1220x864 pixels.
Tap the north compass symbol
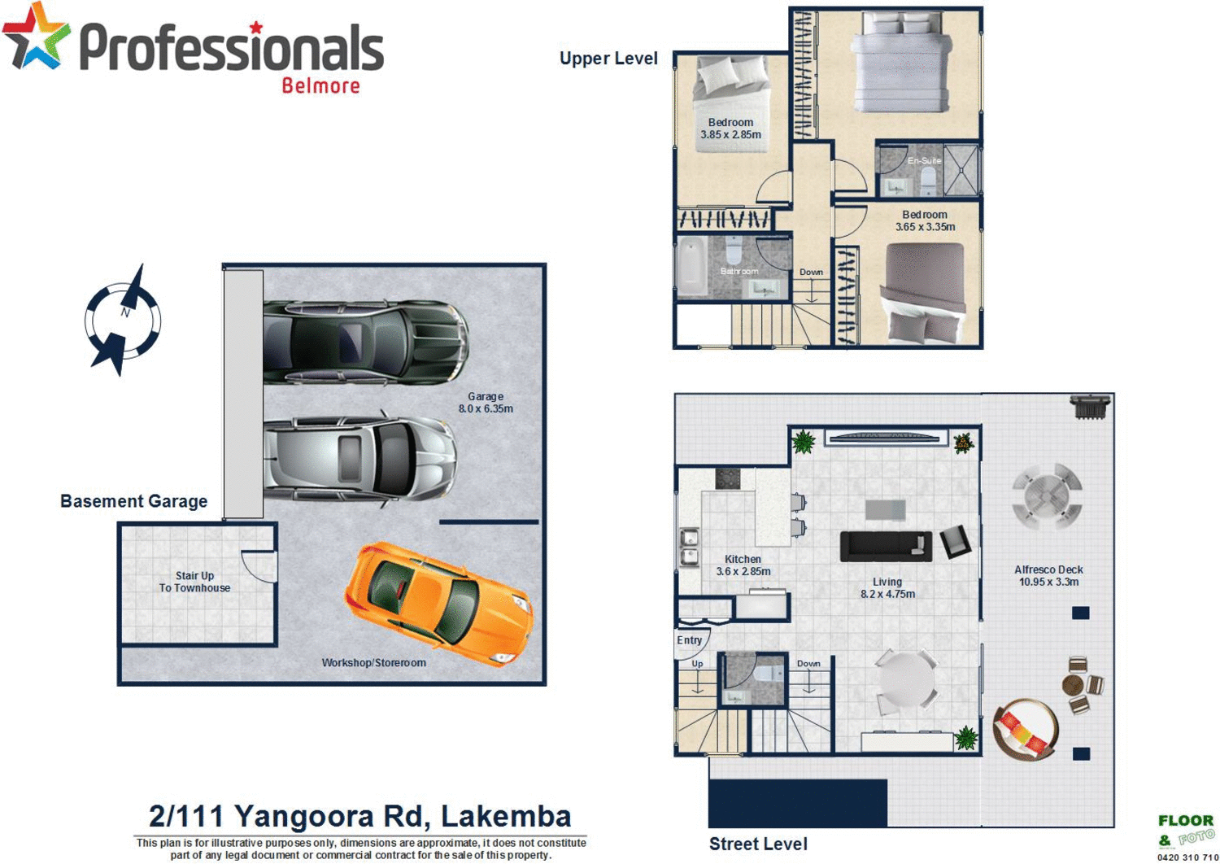[123, 321]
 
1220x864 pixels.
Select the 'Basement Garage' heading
[133, 501]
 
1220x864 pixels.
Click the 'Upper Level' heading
[608, 59]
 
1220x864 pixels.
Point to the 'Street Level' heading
[758, 844]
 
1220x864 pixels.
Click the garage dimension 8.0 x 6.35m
[486, 408]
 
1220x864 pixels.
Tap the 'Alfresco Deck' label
[1048, 569]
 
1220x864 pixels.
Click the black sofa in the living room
[886, 546]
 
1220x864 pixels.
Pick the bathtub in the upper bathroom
[692, 266]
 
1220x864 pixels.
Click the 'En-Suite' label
[924, 160]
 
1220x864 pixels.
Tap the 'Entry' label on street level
[690, 640]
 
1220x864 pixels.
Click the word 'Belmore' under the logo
[320, 85]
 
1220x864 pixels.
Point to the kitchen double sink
[689, 547]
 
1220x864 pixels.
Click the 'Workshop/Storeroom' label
[373, 662]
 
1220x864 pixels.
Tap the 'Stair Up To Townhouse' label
[194, 582]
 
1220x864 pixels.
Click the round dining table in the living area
[905, 679]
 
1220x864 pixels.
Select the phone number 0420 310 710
[1187, 857]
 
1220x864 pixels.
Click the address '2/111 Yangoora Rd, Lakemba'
[359, 816]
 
